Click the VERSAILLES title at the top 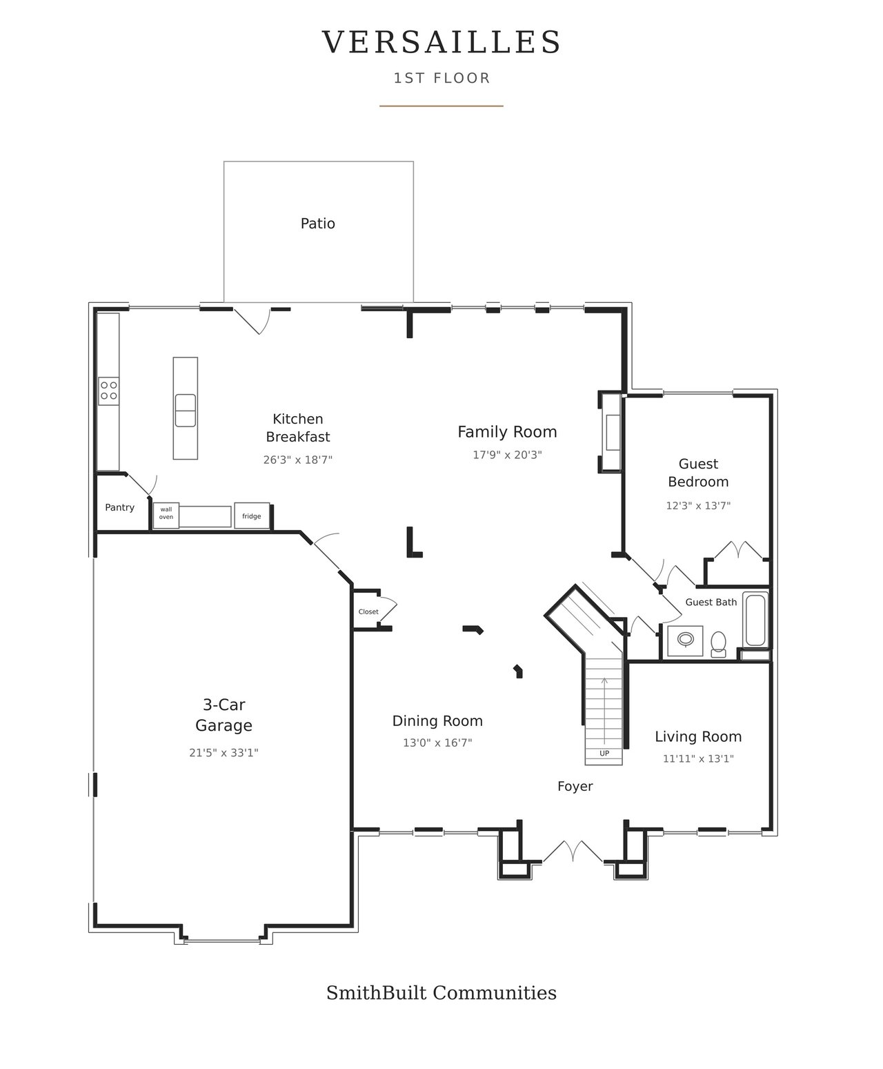[441, 42]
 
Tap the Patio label [318, 223]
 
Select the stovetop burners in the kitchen [108, 391]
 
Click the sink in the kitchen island [186, 410]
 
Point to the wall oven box [166, 515]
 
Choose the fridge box [252, 516]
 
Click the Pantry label [120, 507]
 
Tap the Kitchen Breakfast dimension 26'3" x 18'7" [298, 460]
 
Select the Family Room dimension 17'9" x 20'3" [507, 455]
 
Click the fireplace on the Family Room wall [611, 432]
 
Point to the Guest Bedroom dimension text [698, 506]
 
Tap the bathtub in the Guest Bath [755, 620]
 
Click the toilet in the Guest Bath [718, 644]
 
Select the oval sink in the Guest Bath [686, 639]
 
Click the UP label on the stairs [604, 753]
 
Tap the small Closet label [368, 612]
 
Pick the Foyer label [575, 786]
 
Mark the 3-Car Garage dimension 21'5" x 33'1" [224, 753]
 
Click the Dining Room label [437, 721]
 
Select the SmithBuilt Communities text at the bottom [441, 992]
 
